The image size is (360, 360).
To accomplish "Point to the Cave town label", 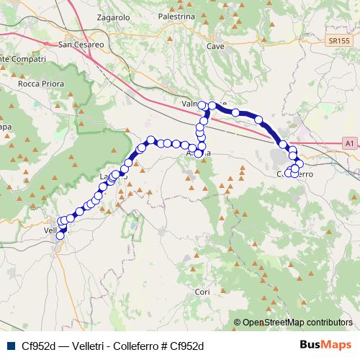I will tap(215, 45).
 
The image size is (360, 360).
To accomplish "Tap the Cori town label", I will tap(202, 292).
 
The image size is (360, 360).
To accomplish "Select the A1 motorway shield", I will tap(349, 144).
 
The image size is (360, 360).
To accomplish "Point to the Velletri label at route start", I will tap(52, 230).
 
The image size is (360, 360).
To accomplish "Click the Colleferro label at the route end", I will tap(294, 174).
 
